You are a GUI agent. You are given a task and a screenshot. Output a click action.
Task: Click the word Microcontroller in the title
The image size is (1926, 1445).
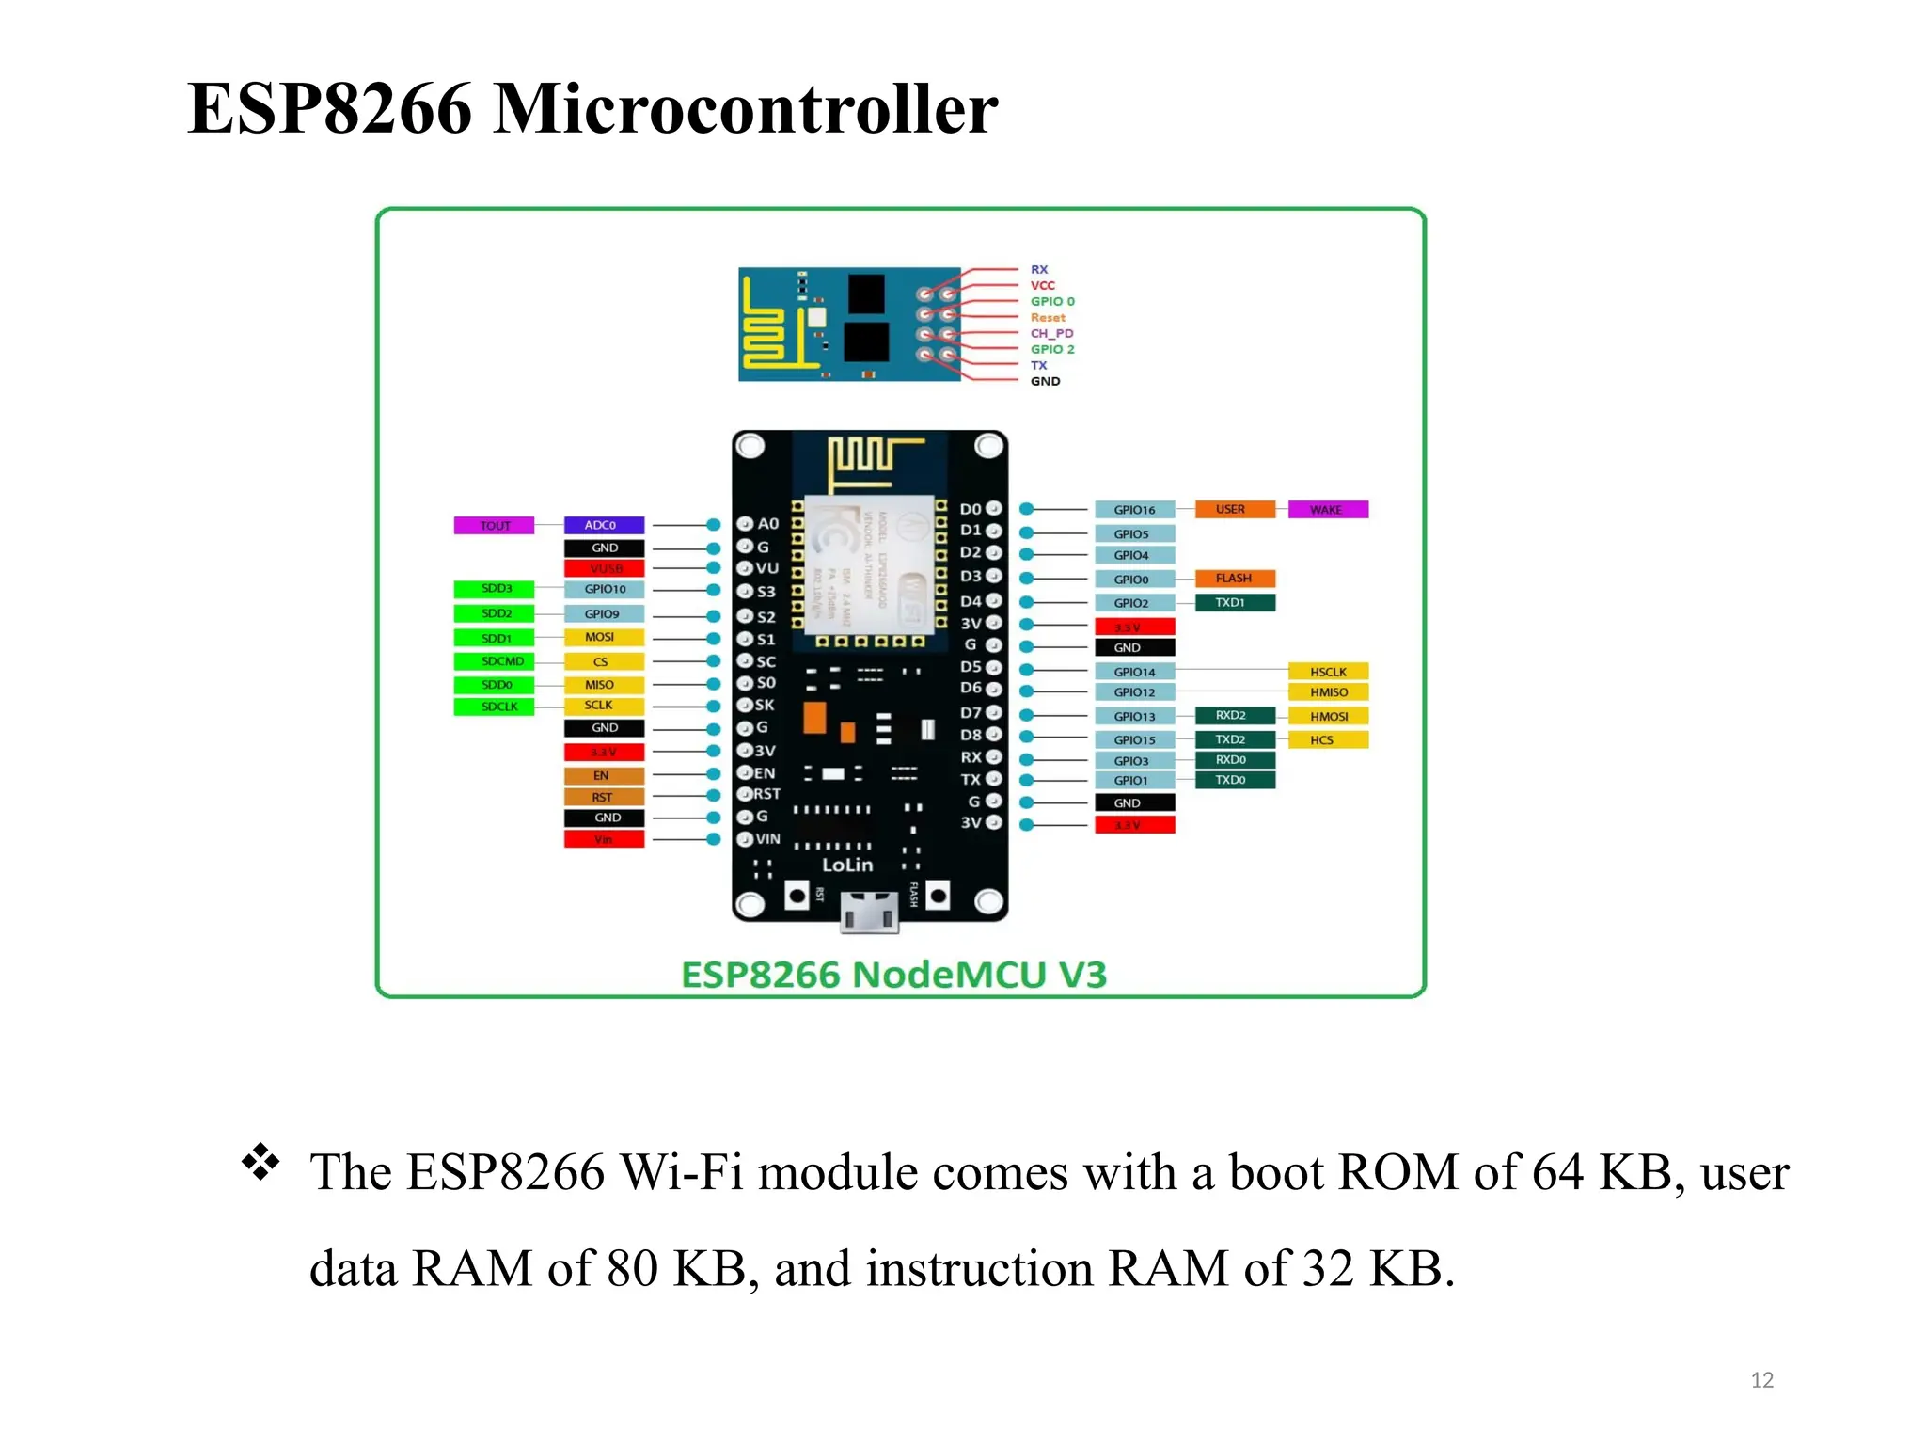click(x=745, y=109)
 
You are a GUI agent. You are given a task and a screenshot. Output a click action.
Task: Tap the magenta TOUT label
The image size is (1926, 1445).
click(x=494, y=526)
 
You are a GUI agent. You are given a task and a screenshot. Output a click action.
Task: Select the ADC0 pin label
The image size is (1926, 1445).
click(x=604, y=526)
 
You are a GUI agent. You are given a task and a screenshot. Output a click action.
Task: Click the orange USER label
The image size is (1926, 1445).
click(x=1234, y=510)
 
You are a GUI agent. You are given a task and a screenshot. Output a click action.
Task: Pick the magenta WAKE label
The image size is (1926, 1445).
click(x=1327, y=510)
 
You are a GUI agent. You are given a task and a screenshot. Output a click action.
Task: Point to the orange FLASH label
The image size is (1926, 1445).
click(x=1234, y=579)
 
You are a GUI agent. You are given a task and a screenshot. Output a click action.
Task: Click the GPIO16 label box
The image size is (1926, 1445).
click(x=1134, y=510)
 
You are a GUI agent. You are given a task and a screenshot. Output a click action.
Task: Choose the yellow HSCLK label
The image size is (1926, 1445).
click(x=1328, y=672)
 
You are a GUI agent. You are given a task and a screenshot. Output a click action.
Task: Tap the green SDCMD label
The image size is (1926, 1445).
click(x=494, y=661)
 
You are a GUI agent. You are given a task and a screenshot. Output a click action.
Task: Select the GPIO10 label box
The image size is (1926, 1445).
click(x=604, y=590)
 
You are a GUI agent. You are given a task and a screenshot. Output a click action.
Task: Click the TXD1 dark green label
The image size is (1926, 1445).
click(x=1234, y=603)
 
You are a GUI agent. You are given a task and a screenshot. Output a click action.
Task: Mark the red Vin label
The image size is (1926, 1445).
click(x=604, y=839)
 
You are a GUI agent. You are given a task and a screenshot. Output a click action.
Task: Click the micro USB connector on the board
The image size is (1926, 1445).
click(x=869, y=913)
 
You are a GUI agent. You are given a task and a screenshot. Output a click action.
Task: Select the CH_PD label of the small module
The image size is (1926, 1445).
click(x=1051, y=334)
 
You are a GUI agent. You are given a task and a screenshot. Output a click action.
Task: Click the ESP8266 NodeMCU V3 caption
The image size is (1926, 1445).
click(x=893, y=976)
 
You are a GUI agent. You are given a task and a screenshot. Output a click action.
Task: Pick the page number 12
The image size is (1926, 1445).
click(x=1761, y=1380)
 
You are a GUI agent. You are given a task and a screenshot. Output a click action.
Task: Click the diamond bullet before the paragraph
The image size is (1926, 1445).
click(x=260, y=1163)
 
